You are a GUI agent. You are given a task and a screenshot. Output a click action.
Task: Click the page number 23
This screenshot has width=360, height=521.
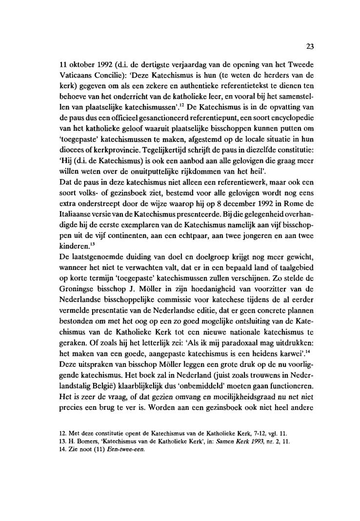coord(309,47)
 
